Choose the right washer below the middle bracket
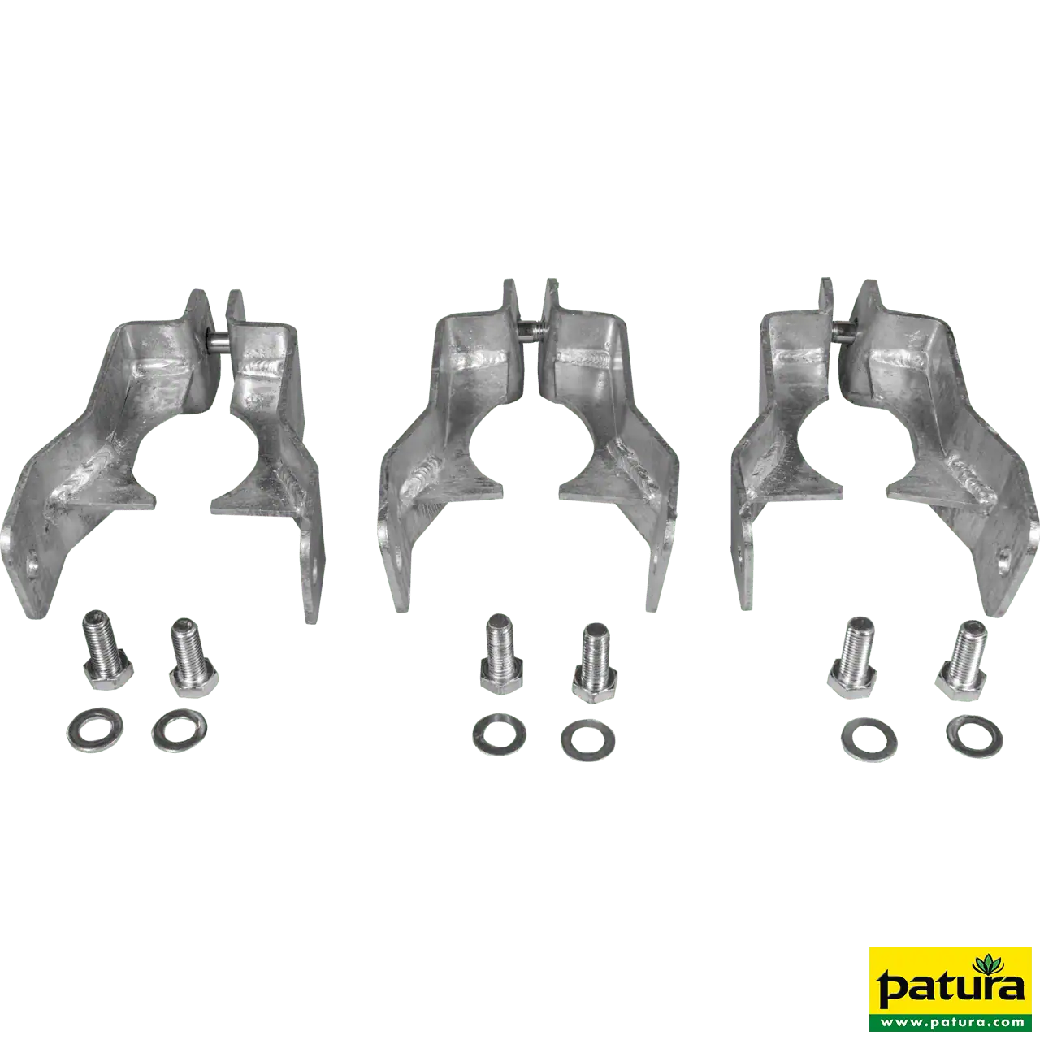tap(588, 739)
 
